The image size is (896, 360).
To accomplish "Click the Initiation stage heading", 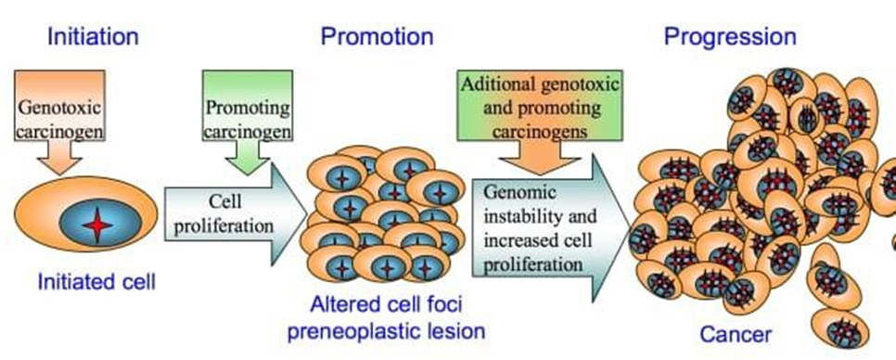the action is point(93,36).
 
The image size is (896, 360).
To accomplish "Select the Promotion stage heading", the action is point(378,36).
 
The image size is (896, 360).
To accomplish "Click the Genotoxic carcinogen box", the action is point(59,106).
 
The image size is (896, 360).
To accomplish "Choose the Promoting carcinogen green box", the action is point(248,106).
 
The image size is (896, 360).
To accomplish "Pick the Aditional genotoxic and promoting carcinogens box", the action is point(539,106).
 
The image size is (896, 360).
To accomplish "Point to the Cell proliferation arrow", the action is point(236,213).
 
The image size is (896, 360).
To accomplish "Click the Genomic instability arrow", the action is point(552,227).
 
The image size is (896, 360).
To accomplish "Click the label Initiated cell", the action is point(96,282).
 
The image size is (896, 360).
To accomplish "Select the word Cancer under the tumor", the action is point(736,335).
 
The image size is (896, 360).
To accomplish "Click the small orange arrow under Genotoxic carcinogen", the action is point(59,157).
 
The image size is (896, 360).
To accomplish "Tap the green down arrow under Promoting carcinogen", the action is point(248,157).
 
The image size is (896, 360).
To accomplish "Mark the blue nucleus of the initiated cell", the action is point(99,223).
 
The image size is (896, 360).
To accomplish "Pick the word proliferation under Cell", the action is point(224,225).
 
